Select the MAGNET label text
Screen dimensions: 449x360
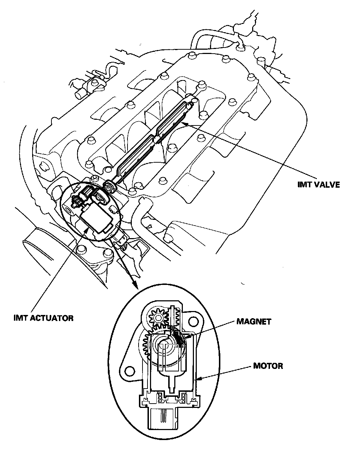click(x=254, y=321)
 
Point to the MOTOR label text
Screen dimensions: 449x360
click(x=268, y=366)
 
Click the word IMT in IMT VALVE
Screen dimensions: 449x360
click(x=305, y=185)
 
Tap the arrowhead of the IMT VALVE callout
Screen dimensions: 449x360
click(x=183, y=123)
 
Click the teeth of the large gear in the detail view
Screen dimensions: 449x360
click(x=145, y=345)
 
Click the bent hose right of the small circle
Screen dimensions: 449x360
click(x=141, y=218)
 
